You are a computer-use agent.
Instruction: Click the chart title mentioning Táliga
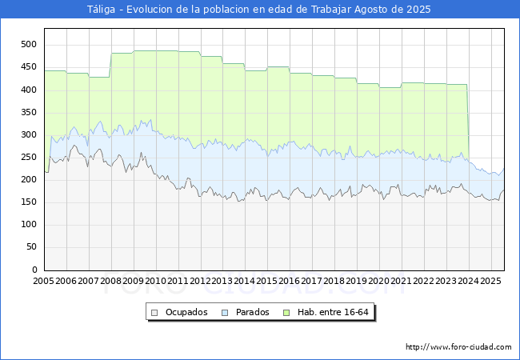point(259,10)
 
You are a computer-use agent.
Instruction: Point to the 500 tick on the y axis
point(30,45)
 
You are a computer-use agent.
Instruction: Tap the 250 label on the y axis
point(30,158)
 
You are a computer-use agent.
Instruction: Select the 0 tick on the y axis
point(34,270)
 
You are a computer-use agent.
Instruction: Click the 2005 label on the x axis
point(44,282)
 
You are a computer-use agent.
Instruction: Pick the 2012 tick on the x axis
point(200,282)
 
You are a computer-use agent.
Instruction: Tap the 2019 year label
point(357,282)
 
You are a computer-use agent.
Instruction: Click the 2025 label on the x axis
point(491,282)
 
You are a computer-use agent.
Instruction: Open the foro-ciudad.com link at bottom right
point(458,347)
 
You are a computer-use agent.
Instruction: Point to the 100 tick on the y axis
point(30,225)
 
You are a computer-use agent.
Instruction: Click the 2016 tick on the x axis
point(290,282)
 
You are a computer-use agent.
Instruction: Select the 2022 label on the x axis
point(424,282)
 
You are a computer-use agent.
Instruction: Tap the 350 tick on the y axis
point(30,113)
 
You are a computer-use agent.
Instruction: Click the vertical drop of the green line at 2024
point(468,120)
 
